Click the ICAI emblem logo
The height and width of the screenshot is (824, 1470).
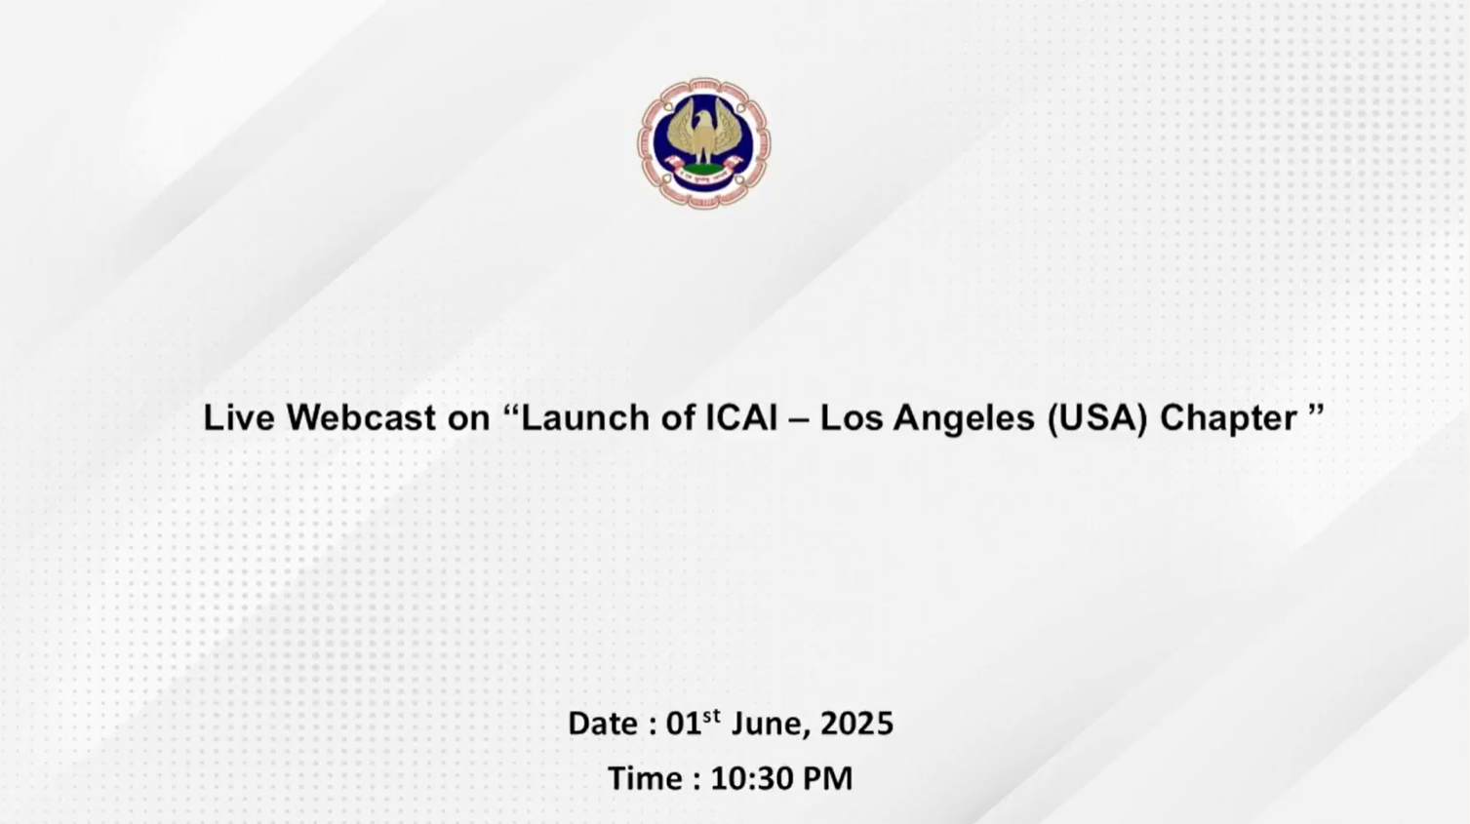click(x=704, y=143)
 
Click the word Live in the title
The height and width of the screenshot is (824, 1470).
click(x=239, y=417)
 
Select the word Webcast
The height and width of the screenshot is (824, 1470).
click(x=361, y=417)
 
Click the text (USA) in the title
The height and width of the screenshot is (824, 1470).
click(x=1097, y=418)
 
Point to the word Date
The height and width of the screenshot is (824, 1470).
click(x=603, y=724)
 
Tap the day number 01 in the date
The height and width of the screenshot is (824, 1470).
click(x=684, y=724)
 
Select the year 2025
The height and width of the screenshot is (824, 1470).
click(x=856, y=724)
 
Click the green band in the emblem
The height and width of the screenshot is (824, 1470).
click(x=703, y=169)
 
